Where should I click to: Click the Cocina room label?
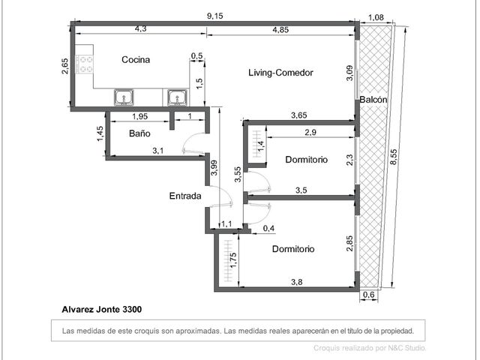tap(136, 59)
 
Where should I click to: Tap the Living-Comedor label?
tap(280, 73)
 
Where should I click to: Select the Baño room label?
tap(139, 133)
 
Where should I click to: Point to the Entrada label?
tap(185, 196)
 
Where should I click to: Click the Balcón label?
tap(373, 100)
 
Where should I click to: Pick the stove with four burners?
tap(84, 64)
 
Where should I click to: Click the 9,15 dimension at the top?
tap(215, 16)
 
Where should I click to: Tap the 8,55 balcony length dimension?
tap(394, 157)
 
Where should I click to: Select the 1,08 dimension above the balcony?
tap(376, 17)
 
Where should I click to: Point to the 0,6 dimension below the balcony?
tap(368, 295)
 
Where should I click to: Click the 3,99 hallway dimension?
tap(214, 168)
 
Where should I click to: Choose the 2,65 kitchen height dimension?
tap(65, 66)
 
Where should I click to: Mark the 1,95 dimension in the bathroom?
tap(140, 116)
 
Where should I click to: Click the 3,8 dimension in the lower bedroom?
tap(297, 282)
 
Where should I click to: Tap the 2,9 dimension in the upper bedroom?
tap(310, 132)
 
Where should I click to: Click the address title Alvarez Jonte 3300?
tap(102, 310)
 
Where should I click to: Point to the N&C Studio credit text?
tap(407, 348)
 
